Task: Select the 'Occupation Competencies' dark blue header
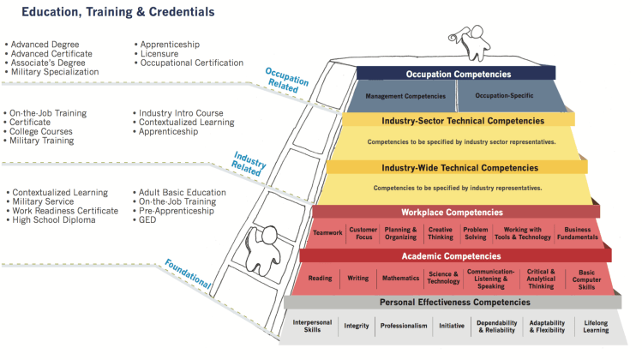pos(458,75)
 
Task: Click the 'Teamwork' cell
pos(327,233)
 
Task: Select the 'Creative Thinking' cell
pos(440,233)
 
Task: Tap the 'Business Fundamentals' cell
pos(579,233)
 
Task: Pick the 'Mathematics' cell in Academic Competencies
pos(400,279)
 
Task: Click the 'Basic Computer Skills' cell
pos(586,279)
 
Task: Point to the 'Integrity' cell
pos(357,327)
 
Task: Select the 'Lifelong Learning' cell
pos(596,327)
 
